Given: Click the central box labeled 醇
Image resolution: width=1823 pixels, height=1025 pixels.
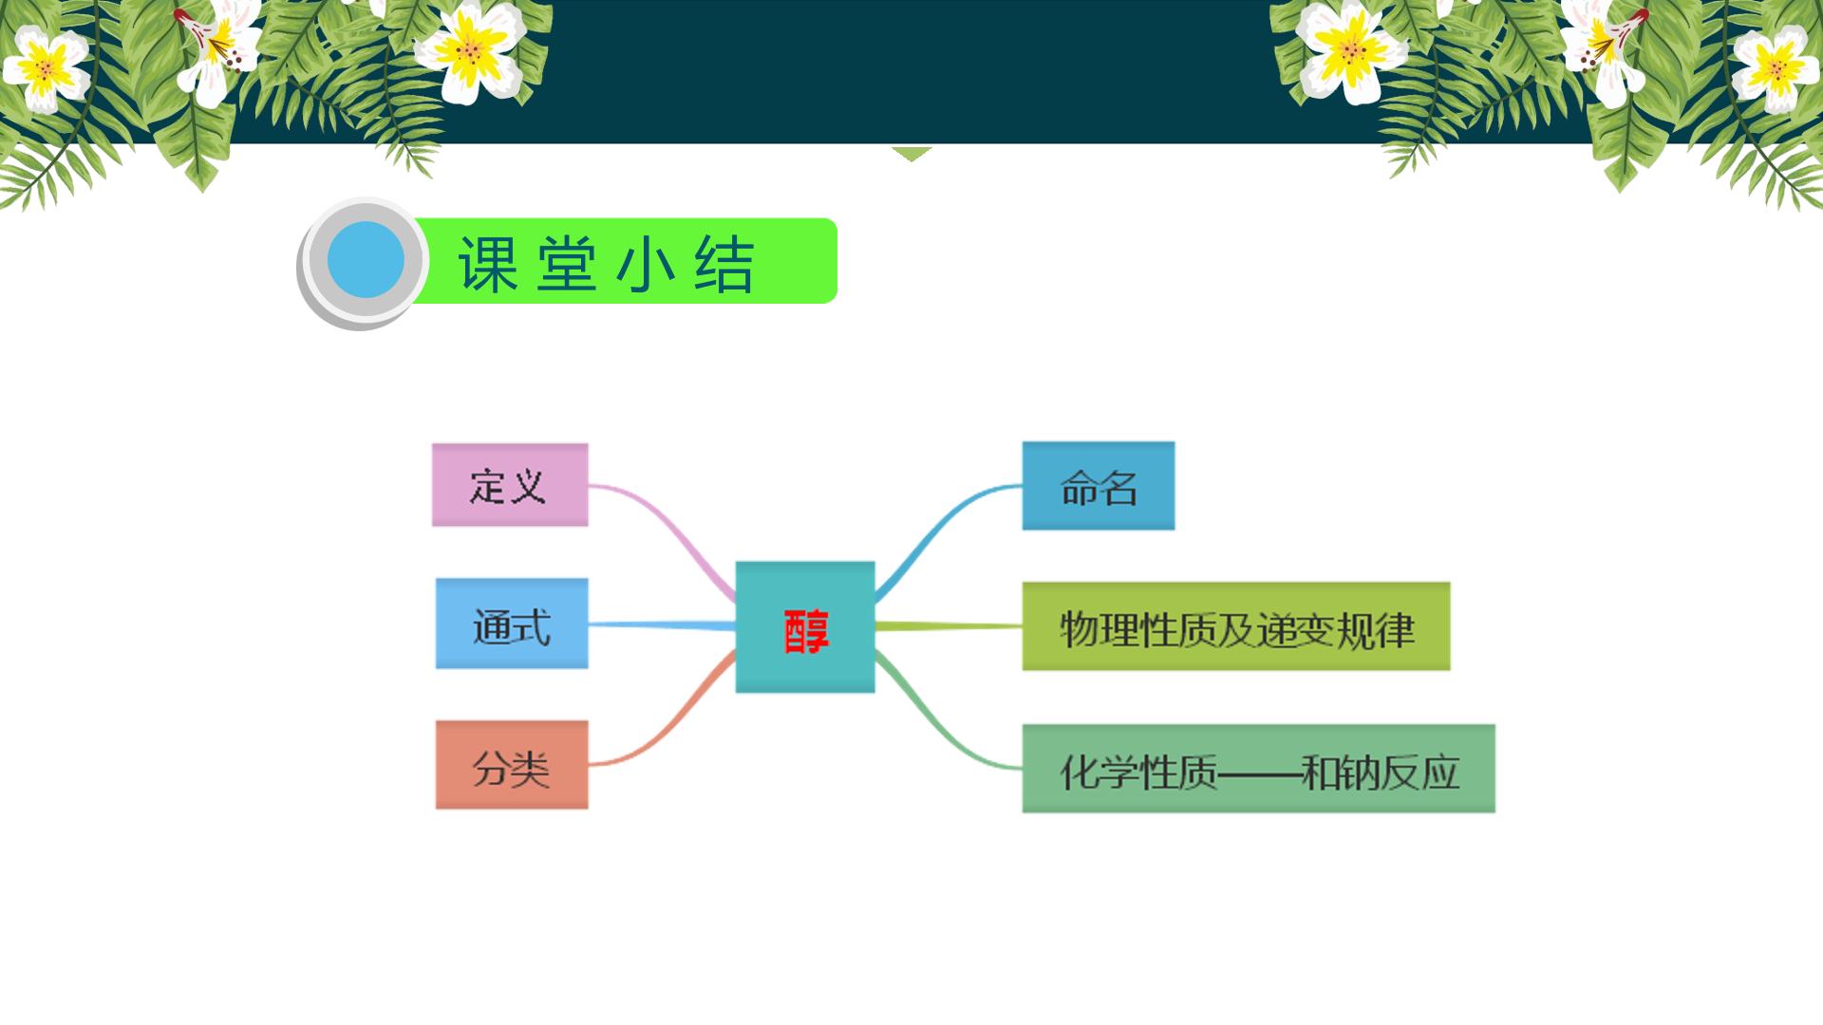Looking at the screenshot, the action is tap(805, 627).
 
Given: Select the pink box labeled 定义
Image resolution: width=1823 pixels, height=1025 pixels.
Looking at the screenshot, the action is tap(510, 485).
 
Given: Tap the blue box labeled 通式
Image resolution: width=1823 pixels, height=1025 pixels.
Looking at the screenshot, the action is tap(512, 624).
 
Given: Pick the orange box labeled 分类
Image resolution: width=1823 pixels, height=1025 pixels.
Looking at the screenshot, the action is tap(512, 765).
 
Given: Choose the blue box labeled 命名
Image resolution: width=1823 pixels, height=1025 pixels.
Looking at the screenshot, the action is tap(1099, 486).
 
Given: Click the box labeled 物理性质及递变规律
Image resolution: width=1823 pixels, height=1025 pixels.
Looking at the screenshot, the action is tap(1236, 626).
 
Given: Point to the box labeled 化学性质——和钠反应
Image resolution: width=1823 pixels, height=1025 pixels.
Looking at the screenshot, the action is tap(1259, 769).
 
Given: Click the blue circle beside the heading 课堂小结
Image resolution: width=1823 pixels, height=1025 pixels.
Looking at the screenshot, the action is tap(366, 260).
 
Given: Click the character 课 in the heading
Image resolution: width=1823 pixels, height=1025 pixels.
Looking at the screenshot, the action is tap(488, 264).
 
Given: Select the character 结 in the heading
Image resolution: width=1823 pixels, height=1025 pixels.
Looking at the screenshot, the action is tap(724, 264).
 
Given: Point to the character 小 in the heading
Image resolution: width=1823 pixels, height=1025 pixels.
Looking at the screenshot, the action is tap(646, 264).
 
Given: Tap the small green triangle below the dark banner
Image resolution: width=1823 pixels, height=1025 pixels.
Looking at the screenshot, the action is tap(911, 154).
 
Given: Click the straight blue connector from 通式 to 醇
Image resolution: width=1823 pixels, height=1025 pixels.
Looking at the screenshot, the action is tap(663, 625).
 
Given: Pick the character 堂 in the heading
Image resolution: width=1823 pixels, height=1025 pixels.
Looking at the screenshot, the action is tap(567, 264).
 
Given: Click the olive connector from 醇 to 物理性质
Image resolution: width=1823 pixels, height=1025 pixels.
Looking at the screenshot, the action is tap(949, 626).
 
